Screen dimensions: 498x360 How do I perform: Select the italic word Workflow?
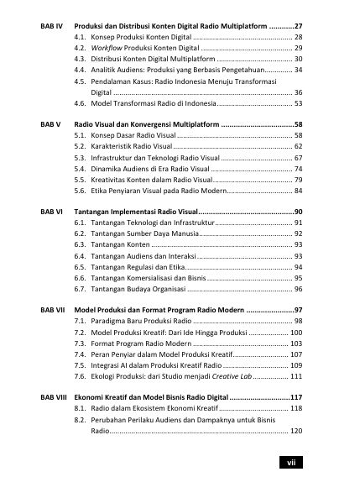coord(107,50)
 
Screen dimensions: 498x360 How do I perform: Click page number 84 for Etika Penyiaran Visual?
coord(298,191)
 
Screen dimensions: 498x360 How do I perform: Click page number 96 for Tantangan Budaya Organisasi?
coord(298,289)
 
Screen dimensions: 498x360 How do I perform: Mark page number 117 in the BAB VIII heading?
coord(295,396)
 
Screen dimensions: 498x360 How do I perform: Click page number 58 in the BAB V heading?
coord(298,123)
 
